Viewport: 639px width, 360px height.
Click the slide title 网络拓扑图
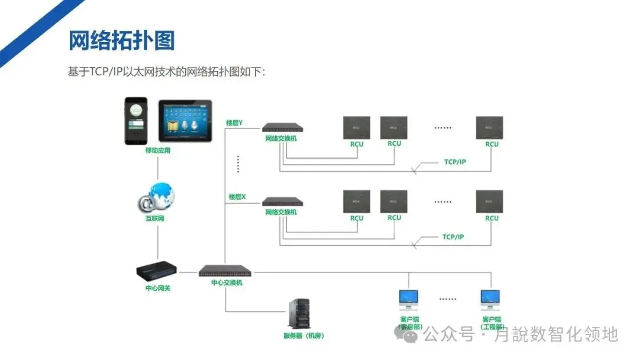[x=122, y=41]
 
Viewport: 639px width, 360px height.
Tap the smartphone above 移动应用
[x=135, y=120]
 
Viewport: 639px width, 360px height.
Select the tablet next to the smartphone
[x=186, y=121]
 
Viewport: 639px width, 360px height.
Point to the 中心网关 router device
[x=157, y=272]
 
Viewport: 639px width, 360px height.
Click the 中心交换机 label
[x=227, y=283]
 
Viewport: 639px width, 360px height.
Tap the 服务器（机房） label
[x=304, y=336]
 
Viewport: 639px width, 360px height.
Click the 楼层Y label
[x=234, y=123]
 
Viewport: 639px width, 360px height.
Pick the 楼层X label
[x=237, y=197]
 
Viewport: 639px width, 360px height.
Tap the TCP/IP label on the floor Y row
[x=455, y=162]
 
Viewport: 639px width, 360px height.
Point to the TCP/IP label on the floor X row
[x=453, y=237]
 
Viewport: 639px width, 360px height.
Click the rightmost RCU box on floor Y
[x=489, y=128]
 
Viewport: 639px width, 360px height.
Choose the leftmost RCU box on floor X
[x=357, y=202]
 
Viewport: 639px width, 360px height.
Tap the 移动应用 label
[x=158, y=150]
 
